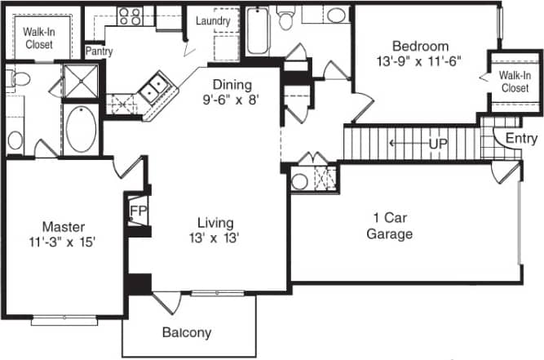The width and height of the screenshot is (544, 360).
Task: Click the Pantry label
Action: coord(99,51)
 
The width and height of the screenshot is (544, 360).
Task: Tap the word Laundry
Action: coord(213,20)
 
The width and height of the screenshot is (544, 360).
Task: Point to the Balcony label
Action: coord(186,332)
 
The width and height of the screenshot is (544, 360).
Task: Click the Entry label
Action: coord(521,139)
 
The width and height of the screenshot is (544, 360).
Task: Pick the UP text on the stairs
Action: coord(438,144)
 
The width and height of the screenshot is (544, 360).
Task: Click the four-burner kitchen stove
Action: coord(129,16)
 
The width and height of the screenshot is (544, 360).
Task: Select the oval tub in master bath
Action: coord(80,131)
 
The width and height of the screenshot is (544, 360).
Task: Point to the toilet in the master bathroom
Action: coord(20,78)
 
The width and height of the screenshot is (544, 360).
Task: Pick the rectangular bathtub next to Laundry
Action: coord(258,31)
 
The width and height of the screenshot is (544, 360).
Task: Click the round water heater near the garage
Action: coord(299,181)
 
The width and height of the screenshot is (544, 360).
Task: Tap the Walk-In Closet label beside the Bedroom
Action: coord(514,82)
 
